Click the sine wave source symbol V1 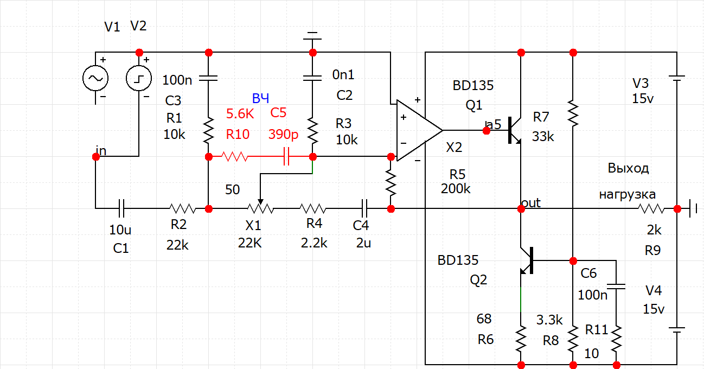click(x=95, y=78)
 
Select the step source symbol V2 click(x=139, y=78)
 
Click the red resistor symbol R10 click(x=235, y=156)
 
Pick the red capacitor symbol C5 click(x=286, y=156)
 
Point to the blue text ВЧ click(x=260, y=98)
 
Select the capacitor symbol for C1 click(x=121, y=208)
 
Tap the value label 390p click(x=283, y=135)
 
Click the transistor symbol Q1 click(x=514, y=130)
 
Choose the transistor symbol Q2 click(x=527, y=260)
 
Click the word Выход click(x=628, y=168)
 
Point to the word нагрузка click(x=628, y=194)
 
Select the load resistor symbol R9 click(x=651, y=208)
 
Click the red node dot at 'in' click(x=96, y=157)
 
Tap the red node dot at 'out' click(x=521, y=208)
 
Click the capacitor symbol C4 click(x=364, y=208)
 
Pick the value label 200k click(x=456, y=189)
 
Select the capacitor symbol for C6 click(x=616, y=287)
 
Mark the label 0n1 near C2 click(x=343, y=75)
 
